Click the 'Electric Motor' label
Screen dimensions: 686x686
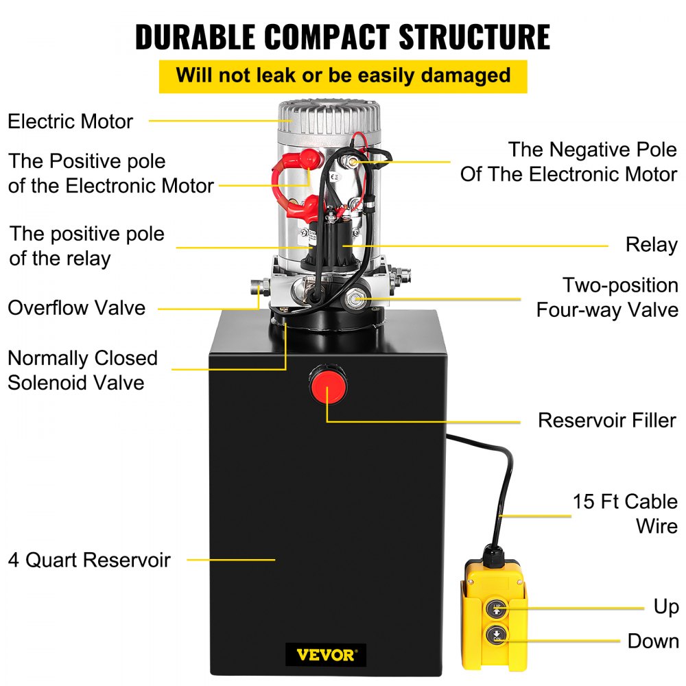[x=70, y=121]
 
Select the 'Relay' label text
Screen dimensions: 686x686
[x=651, y=245]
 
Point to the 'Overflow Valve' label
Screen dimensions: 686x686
[x=77, y=307]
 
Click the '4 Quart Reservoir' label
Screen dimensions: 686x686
[x=88, y=560]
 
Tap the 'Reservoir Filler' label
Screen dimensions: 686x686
[x=607, y=420]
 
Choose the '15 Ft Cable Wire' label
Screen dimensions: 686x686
[x=625, y=514]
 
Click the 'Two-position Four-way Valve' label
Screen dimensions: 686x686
[x=607, y=297]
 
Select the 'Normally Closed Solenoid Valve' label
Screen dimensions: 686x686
[x=82, y=370]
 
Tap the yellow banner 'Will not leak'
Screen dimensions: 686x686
[x=343, y=75]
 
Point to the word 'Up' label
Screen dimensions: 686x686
[x=665, y=607]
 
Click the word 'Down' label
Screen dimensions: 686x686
[x=652, y=641]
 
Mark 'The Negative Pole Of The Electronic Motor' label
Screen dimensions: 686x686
[x=569, y=161]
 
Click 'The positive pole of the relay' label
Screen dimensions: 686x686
[x=87, y=246]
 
